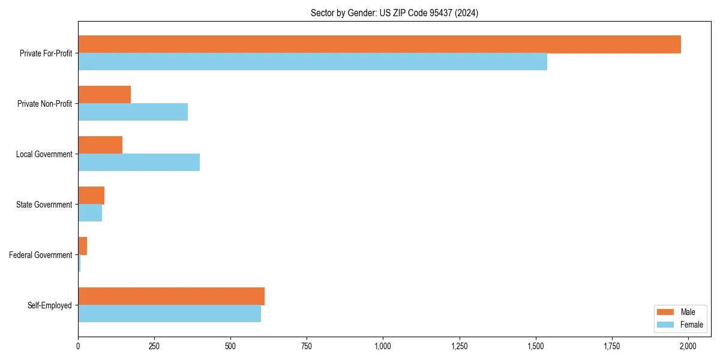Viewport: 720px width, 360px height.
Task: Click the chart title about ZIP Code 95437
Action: tap(394, 13)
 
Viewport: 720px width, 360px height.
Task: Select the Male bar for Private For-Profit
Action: tap(379, 44)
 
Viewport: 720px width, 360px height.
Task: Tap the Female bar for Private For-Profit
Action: tap(312, 62)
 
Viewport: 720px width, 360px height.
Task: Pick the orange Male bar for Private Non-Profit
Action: tap(104, 95)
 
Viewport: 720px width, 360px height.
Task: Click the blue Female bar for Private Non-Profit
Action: tap(133, 112)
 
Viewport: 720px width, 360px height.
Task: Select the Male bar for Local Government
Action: tap(100, 145)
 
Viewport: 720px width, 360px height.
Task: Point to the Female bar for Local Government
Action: tap(139, 163)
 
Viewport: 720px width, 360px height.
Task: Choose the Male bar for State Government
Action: tap(91, 196)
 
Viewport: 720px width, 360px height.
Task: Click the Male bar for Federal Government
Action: tap(83, 246)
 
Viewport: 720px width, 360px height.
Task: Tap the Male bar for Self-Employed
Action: tap(171, 296)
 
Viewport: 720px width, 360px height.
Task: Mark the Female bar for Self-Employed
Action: tap(169, 314)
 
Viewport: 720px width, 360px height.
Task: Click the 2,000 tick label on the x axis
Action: tap(688, 346)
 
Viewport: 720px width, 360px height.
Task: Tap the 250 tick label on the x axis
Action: tap(154, 346)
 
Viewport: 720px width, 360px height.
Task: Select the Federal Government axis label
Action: tap(41, 255)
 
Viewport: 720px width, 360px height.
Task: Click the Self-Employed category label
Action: tap(50, 305)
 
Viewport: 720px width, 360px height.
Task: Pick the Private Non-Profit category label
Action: tap(44, 104)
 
